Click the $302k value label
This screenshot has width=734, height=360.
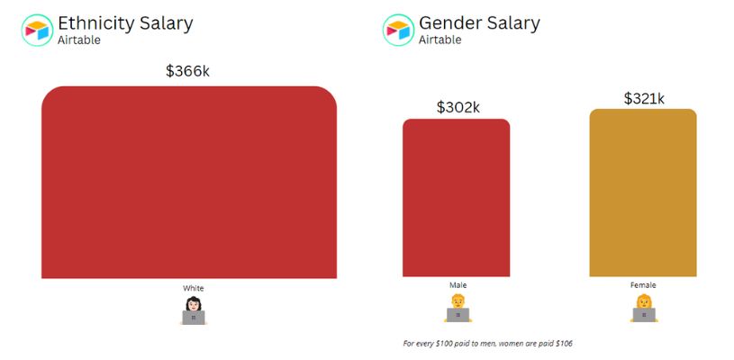coord(458,107)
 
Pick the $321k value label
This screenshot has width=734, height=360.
coord(643,98)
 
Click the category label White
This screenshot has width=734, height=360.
coord(193,288)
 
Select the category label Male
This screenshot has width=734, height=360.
coord(458,285)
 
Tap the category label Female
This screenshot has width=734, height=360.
coord(643,285)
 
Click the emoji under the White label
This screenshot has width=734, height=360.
coord(193,310)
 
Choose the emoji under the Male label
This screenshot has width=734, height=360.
coord(458,308)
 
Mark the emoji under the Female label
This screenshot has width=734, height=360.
coord(643,308)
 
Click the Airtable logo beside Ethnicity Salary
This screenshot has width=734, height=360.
coord(38,30)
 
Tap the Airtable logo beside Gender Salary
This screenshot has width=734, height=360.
coord(399,30)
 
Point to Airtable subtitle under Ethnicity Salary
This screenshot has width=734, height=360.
coord(79,40)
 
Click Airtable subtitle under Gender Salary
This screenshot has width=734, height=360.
coord(440,40)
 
